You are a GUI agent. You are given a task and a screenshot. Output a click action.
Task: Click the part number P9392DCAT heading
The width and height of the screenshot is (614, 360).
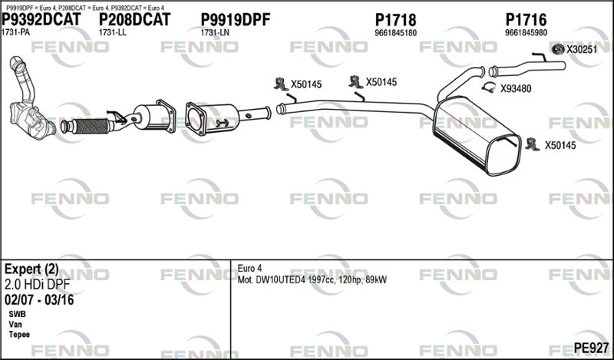tap(42, 20)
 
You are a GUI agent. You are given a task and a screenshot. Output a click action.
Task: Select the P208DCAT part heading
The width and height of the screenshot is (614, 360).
tap(134, 20)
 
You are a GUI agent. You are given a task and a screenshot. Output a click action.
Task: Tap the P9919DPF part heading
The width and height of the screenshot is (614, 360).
tap(235, 20)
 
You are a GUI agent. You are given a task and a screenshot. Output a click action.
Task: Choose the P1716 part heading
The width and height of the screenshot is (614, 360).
tap(526, 20)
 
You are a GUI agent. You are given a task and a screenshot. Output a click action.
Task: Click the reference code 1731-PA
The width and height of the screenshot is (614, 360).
tap(16, 33)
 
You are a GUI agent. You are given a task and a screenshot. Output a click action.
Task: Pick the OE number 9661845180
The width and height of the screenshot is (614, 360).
tap(395, 33)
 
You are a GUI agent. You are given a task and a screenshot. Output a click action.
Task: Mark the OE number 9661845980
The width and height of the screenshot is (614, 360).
tap(526, 33)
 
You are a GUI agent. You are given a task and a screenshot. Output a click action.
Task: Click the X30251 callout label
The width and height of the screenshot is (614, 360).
tap(581, 50)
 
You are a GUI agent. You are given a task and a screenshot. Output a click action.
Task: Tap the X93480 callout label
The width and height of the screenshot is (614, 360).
tap(516, 89)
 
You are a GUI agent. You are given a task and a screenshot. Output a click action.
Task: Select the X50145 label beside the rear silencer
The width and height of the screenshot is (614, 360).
tap(560, 145)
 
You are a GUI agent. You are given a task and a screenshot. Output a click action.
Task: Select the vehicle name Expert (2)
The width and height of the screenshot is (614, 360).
tap(31, 269)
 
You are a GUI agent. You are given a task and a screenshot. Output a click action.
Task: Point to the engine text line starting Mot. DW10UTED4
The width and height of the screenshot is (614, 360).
tap(312, 279)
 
